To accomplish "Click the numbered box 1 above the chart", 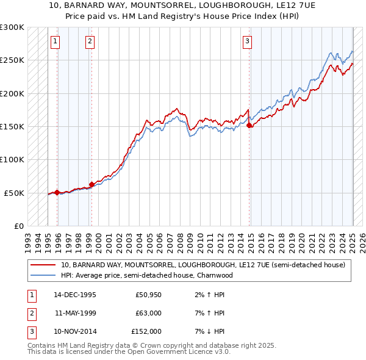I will [x=56, y=41].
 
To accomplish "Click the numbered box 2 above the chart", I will [x=90, y=41].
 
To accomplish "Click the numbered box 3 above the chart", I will [x=247, y=41].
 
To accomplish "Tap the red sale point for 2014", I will [x=249, y=125].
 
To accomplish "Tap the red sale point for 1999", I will [x=91, y=184].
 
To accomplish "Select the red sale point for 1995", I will [x=57, y=192].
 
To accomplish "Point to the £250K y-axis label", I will [x=12, y=60].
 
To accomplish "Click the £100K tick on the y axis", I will [x=12, y=159].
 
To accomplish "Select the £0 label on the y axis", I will [x=18, y=226].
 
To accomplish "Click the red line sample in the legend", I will [x=44, y=265].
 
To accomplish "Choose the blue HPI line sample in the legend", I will [x=44, y=275].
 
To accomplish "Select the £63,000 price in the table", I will [x=148, y=313].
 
